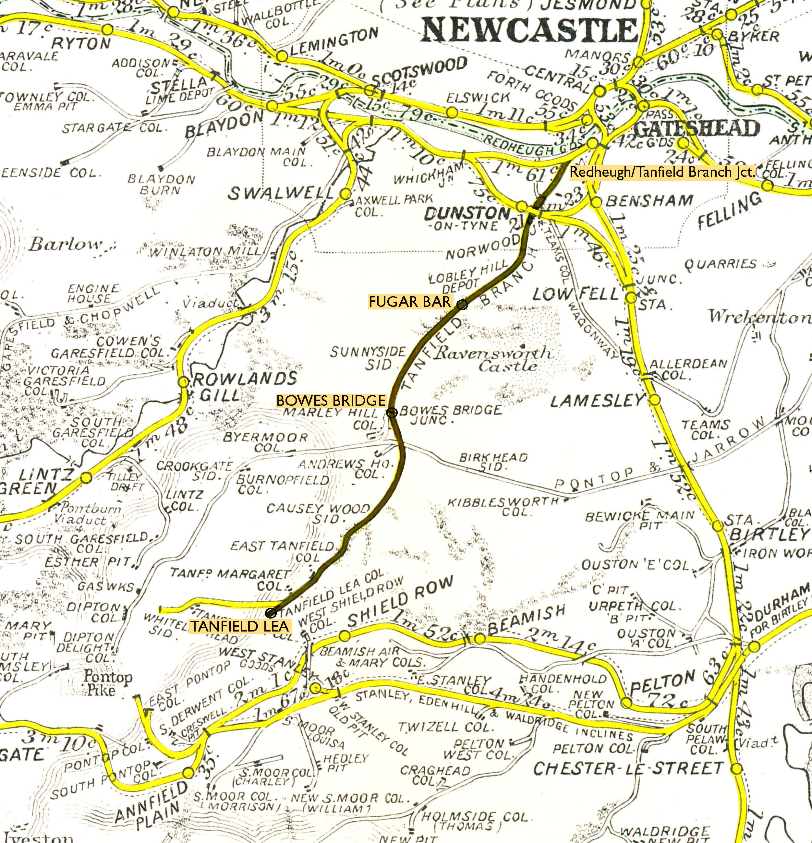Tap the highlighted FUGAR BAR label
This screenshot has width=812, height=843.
tap(410, 302)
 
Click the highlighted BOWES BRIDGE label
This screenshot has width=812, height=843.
tap(331, 401)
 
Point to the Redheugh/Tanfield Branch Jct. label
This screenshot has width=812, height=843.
tap(662, 173)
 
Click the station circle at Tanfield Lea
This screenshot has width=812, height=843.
tap(271, 612)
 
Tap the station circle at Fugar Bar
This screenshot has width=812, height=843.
tap(462, 305)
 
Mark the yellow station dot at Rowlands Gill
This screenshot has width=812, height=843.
tap(183, 381)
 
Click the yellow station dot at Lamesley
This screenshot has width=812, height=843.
tap(654, 400)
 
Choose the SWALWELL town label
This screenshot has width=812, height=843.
tap(280, 194)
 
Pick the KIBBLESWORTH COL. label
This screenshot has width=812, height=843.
tap(503, 506)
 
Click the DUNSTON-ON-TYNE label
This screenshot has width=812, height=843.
tap(467, 218)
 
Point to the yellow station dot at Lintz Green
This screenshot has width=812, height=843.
tap(86, 478)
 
